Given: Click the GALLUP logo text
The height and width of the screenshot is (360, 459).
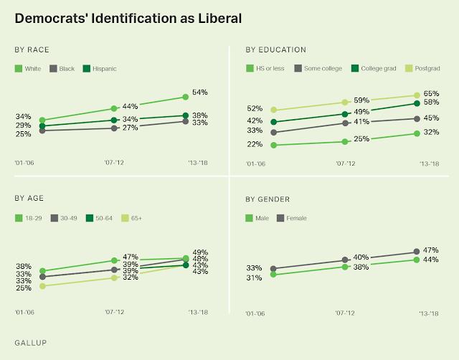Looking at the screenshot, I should click(31, 343).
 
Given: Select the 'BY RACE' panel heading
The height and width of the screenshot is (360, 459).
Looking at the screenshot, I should click(32, 49).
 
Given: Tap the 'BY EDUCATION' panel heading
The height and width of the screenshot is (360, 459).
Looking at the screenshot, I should click(276, 49).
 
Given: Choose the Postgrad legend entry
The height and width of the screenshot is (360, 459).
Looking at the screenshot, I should click(420, 69).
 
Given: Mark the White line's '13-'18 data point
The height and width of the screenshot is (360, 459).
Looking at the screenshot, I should click(185, 97).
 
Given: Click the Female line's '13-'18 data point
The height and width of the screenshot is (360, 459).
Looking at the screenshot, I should click(417, 252).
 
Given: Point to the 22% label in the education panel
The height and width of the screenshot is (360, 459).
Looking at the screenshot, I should click(255, 145).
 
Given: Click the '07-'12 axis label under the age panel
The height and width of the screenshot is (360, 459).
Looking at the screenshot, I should click(114, 313).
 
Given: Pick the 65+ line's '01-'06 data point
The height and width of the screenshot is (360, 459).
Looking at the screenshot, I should click(42, 286).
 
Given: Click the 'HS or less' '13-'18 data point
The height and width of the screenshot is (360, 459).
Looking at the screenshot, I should click(417, 133).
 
